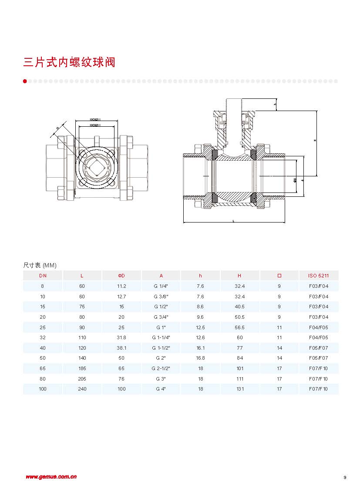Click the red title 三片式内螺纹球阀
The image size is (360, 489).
69,62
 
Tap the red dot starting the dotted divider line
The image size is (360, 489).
25,81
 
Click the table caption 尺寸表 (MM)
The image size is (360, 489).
40,265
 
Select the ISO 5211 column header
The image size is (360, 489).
319,276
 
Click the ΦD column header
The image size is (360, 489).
121,276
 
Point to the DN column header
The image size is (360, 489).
43,276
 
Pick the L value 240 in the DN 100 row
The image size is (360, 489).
82,389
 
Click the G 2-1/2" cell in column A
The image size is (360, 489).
161,368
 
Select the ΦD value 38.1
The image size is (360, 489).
121,348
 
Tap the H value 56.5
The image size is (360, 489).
239,327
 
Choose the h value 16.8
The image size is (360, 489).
200,358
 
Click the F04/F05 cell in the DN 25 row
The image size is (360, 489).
319,327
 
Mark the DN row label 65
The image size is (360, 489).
43,368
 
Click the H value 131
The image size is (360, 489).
239,389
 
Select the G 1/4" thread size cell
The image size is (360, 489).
161,286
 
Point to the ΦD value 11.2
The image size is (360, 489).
121,286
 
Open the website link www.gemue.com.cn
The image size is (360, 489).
51,477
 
